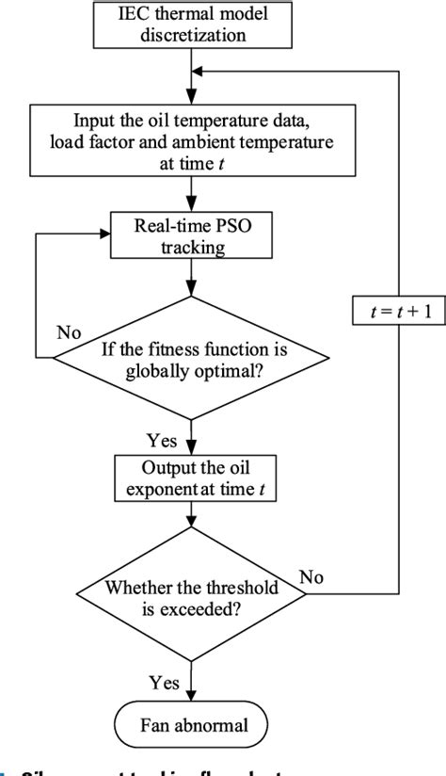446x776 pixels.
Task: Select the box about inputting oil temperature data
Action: click(192, 138)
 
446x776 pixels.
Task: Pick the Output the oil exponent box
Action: click(192, 478)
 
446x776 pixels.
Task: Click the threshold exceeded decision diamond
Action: click(192, 594)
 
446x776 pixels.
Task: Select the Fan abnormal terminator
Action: click(192, 725)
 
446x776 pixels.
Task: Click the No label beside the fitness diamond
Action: click(68, 331)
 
